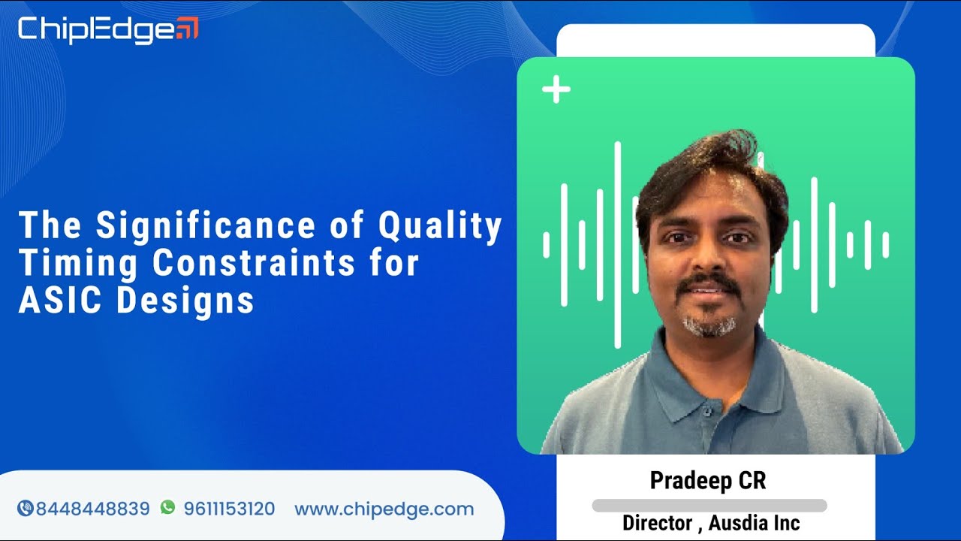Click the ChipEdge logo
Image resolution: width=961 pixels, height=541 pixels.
pyautogui.click(x=108, y=29)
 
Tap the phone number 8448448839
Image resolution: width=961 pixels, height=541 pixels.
pyautogui.click(x=93, y=509)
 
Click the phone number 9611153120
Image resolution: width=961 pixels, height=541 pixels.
pyautogui.click(x=229, y=509)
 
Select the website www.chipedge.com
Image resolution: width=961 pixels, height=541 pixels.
pyautogui.click(x=384, y=509)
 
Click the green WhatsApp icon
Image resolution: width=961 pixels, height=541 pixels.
pyautogui.click(x=167, y=508)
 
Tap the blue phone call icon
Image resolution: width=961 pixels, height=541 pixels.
pyautogui.click(x=25, y=509)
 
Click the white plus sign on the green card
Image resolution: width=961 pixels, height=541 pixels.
pyautogui.click(x=556, y=90)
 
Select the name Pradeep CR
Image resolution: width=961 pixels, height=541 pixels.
pyautogui.click(x=708, y=481)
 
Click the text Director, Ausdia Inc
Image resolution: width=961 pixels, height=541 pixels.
pyautogui.click(x=711, y=523)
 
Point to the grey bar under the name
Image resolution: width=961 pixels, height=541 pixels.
pyautogui.click(x=709, y=506)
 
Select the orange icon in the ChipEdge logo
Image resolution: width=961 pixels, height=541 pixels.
pyautogui.click(x=188, y=29)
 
